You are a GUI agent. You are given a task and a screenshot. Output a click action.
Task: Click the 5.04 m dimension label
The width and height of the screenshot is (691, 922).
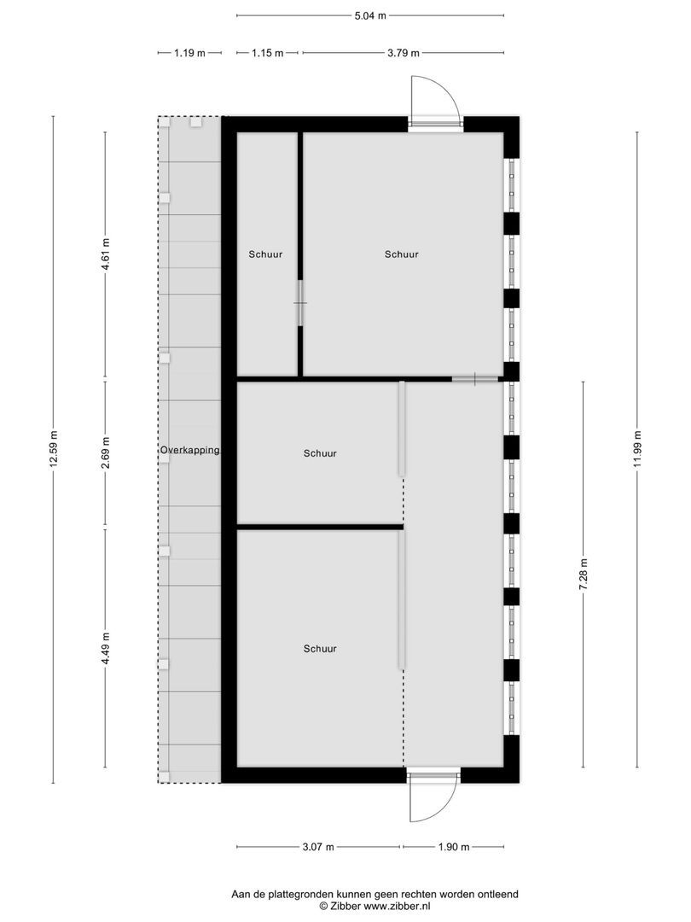pos(369,15)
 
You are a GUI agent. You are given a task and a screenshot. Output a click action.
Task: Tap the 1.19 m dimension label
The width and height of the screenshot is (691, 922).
pos(189,53)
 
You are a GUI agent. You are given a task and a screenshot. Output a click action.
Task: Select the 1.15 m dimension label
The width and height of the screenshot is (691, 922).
pos(268,53)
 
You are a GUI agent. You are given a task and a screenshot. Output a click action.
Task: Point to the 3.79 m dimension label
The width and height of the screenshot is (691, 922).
pos(403,53)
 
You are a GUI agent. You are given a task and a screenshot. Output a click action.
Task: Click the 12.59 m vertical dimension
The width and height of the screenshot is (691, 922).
pos(53,449)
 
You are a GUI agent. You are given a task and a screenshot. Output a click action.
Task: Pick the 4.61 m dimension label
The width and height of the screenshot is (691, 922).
pos(106,254)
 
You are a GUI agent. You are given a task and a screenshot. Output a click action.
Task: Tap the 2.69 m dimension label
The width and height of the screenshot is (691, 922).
pos(106,452)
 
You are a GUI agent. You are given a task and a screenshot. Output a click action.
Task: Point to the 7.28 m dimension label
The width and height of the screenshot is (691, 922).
pos(584,574)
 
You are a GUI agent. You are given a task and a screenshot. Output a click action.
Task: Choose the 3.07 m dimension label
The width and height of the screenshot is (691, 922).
pos(318,847)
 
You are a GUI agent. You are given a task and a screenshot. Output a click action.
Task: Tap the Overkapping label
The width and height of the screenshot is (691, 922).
pos(189,450)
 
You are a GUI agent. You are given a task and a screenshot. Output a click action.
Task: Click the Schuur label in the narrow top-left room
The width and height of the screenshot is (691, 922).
pos(265,254)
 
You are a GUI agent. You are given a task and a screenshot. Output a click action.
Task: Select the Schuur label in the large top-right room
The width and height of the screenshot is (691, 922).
pos(401,254)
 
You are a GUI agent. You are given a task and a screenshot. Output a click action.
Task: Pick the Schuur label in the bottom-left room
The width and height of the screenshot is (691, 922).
pos(319,649)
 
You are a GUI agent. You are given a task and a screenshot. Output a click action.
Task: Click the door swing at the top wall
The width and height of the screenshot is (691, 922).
pos(434,99)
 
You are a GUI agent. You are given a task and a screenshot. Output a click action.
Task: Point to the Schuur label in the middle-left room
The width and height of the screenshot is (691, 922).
pos(319,454)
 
